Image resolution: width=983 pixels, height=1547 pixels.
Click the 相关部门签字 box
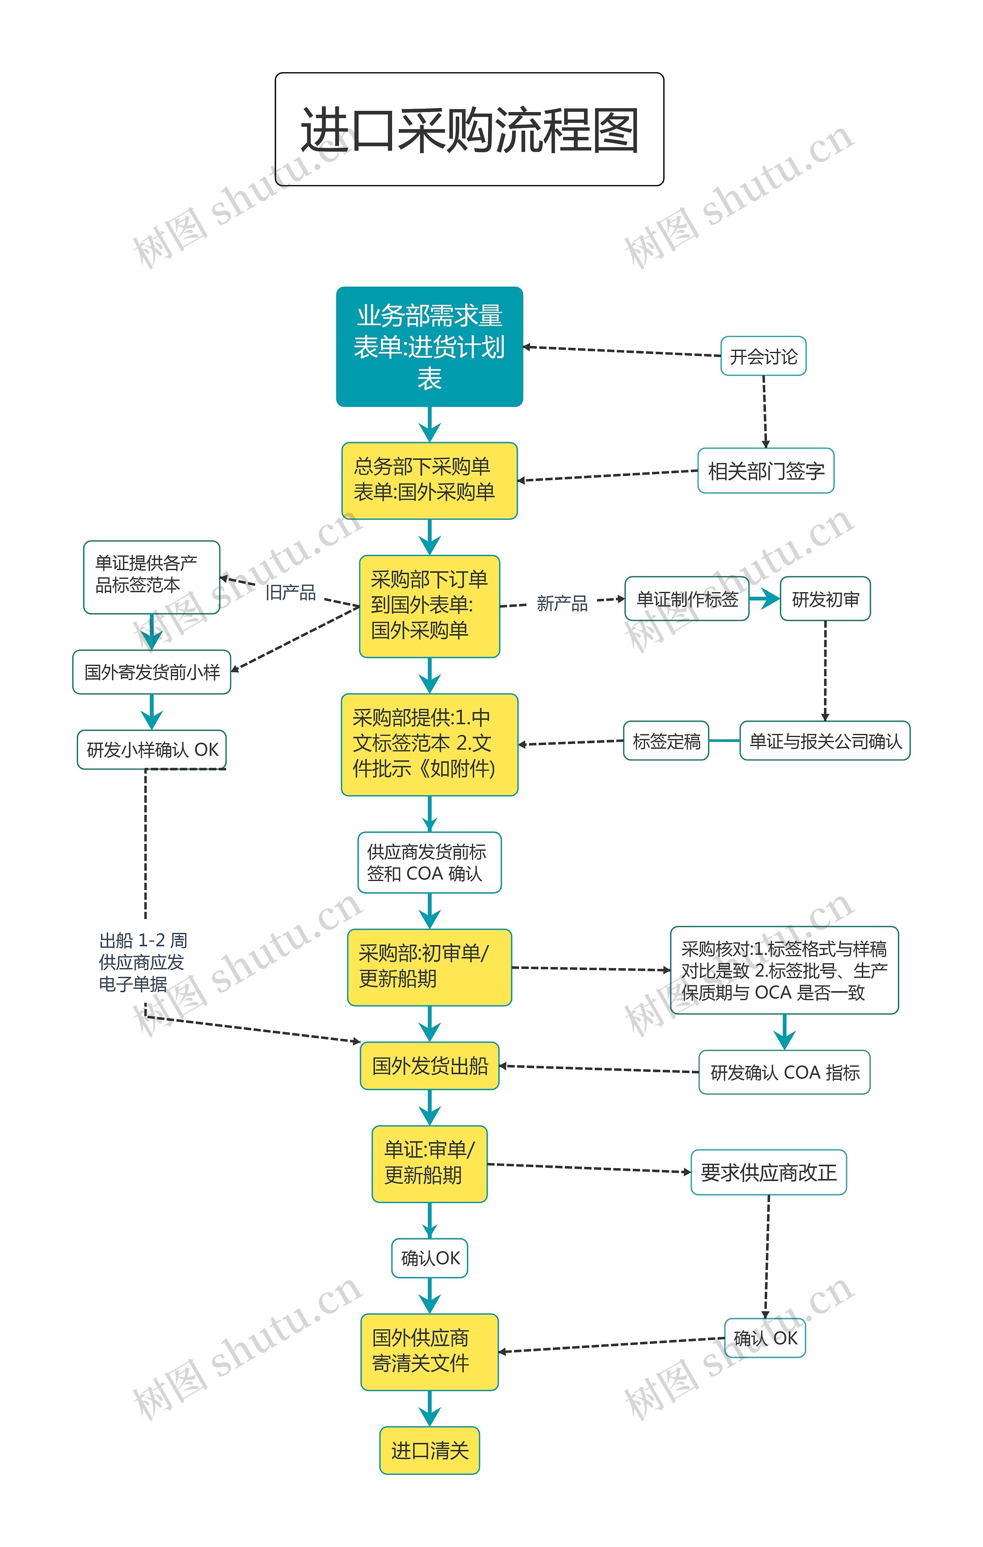(765, 471)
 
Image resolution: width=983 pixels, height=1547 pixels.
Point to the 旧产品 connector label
(290, 592)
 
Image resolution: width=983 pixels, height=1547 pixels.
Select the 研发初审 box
(825, 599)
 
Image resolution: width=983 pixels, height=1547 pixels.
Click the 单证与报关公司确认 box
(824, 741)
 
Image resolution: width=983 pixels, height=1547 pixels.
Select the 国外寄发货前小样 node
(152, 672)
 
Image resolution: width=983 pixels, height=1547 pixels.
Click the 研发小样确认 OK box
(152, 749)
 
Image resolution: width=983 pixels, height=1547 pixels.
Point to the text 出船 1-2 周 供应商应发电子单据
(142, 962)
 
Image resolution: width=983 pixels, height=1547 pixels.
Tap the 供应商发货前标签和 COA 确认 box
(429, 862)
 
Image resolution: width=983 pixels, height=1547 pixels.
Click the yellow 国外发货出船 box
(429, 1066)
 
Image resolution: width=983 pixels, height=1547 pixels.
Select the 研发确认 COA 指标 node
(784, 1072)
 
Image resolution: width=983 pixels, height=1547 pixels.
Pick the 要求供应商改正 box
(768, 1172)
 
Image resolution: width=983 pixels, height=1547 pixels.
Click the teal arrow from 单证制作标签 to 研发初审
(765, 599)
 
